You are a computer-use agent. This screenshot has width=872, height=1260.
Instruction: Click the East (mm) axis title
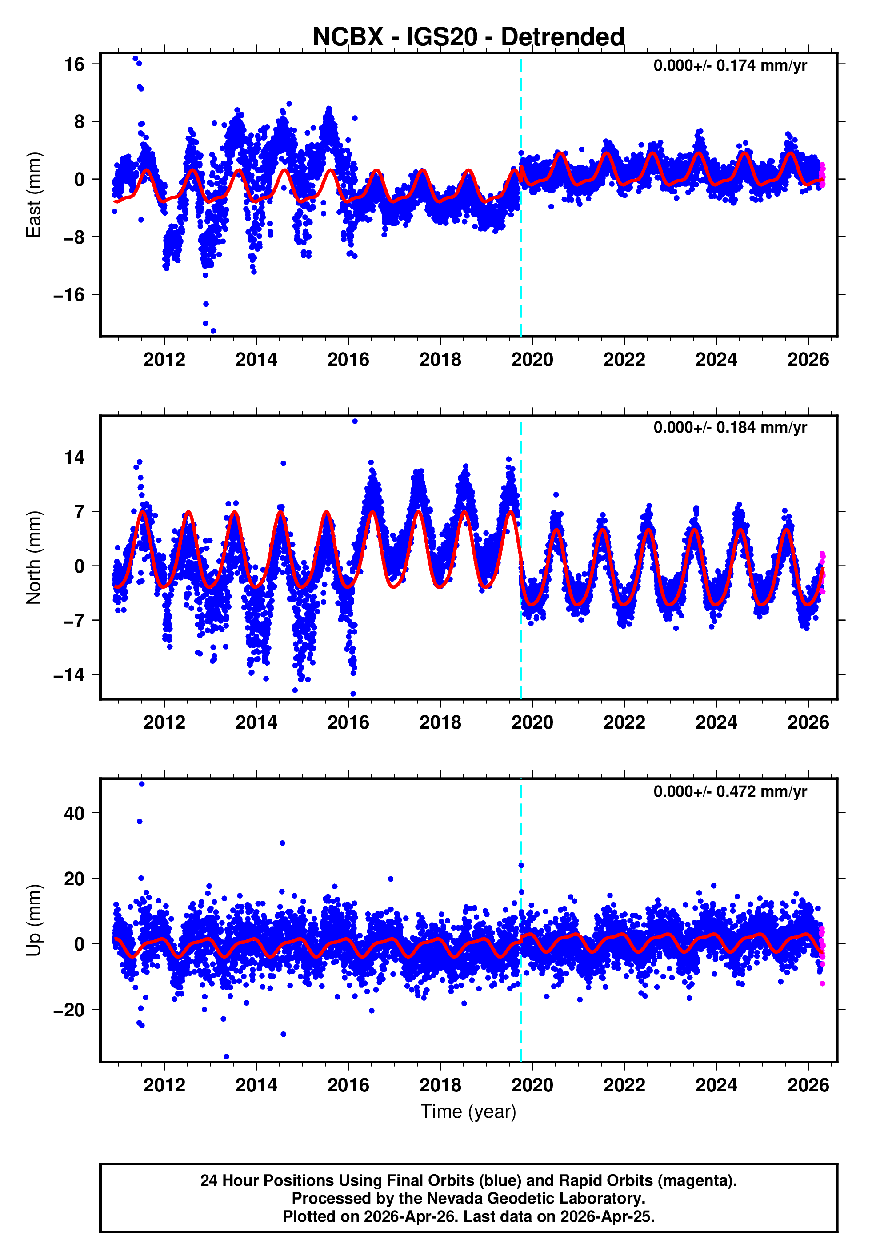pyautogui.click(x=34, y=195)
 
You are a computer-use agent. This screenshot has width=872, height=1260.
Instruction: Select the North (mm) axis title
pyautogui.click(x=34, y=558)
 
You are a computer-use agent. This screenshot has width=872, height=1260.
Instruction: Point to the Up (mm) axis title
pyautogui.click(x=34, y=920)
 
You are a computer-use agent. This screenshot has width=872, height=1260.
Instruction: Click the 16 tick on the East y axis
pyautogui.click(x=75, y=64)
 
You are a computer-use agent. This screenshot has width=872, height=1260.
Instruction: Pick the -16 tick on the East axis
pyautogui.click(x=69, y=295)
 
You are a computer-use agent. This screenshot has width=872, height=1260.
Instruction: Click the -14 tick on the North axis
pyautogui.click(x=69, y=675)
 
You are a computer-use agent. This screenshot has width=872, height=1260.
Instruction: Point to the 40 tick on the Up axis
pyautogui.click(x=75, y=814)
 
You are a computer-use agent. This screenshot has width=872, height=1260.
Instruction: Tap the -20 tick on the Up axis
pyautogui.click(x=69, y=1010)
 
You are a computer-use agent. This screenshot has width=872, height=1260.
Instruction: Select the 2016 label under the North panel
pyautogui.click(x=348, y=723)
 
